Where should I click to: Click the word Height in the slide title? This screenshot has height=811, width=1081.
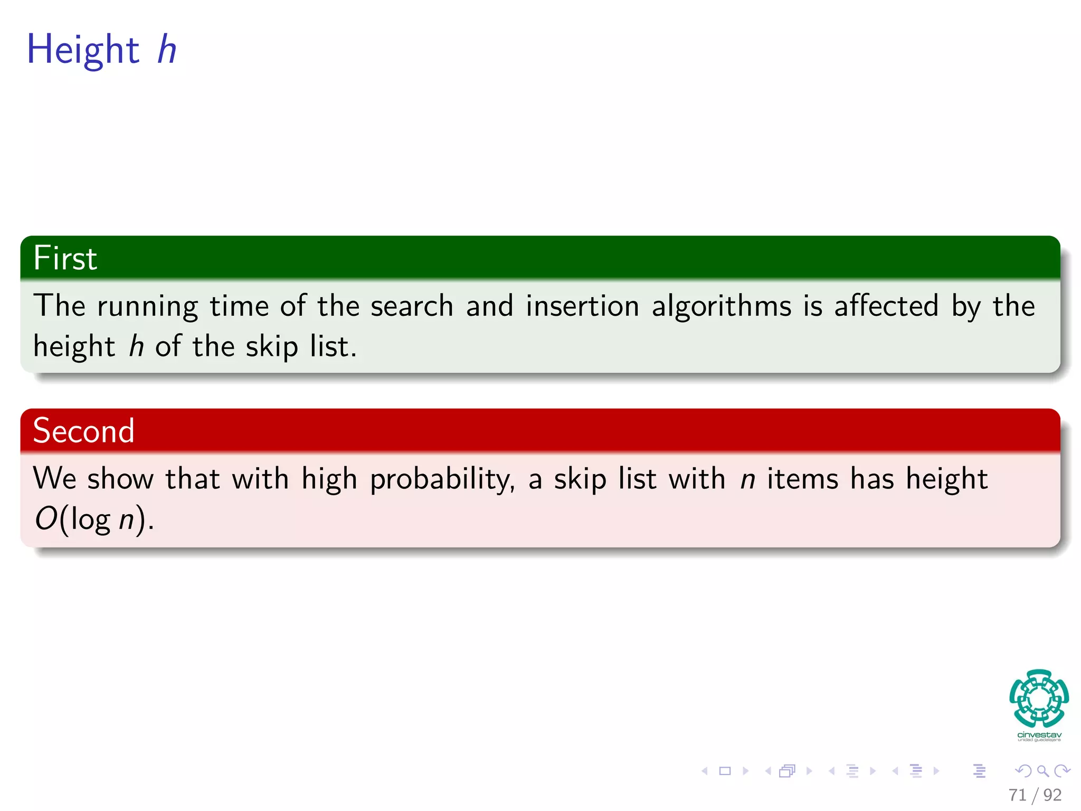pyautogui.click(x=83, y=49)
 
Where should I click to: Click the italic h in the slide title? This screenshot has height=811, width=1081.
pyautogui.click(x=167, y=49)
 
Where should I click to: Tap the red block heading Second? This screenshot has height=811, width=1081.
pyautogui.click(x=83, y=430)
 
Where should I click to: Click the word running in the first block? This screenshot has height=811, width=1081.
pyautogui.click(x=147, y=306)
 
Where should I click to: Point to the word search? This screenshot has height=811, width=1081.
pyautogui.click(x=412, y=306)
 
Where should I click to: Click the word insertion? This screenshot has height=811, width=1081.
pyautogui.click(x=582, y=306)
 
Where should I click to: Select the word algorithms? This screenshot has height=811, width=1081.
pyautogui.click(x=722, y=306)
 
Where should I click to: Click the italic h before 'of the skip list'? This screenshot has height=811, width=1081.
pyautogui.click(x=136, y=347)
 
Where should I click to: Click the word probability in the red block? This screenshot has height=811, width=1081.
pyautogui.click(x=442, y=479)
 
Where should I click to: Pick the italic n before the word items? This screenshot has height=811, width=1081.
pyautogui.click(x=747, y=479)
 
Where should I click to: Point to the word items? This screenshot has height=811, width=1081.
pyautogui.click(x=802, y=479)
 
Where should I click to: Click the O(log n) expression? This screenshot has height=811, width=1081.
pyautogui.click(x=94, y=519)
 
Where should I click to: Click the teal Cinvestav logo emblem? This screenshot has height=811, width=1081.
pyautogui.click(x=1039, y=698)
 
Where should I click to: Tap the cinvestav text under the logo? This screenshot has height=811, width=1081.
pyautogui.click(x=1039, y=735)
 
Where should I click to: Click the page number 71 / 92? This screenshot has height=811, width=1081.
pyautogui.click(x=1035, y=795)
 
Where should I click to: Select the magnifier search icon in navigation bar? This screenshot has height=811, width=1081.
pyautogui.click(x=1042, y=771)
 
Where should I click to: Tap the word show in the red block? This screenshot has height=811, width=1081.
pyautogui.click(x=120, y=479)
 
